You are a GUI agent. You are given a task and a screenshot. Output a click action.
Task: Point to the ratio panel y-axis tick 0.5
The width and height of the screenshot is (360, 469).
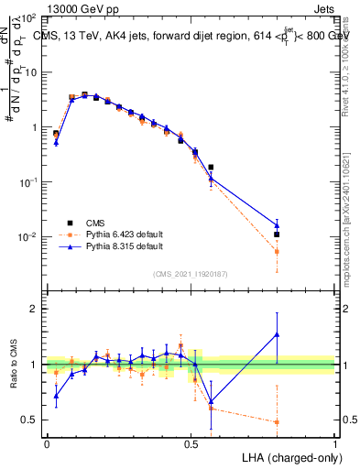(28, 420)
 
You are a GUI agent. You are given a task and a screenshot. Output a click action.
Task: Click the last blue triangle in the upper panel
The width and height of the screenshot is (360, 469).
(277, 225)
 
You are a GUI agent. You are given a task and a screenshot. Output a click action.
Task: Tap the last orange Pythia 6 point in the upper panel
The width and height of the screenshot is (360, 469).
(277, 251)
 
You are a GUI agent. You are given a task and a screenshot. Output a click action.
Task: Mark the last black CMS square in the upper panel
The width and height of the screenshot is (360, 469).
(277, 234)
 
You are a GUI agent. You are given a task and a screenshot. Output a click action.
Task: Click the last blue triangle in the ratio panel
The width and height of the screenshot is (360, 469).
(277, 334)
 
